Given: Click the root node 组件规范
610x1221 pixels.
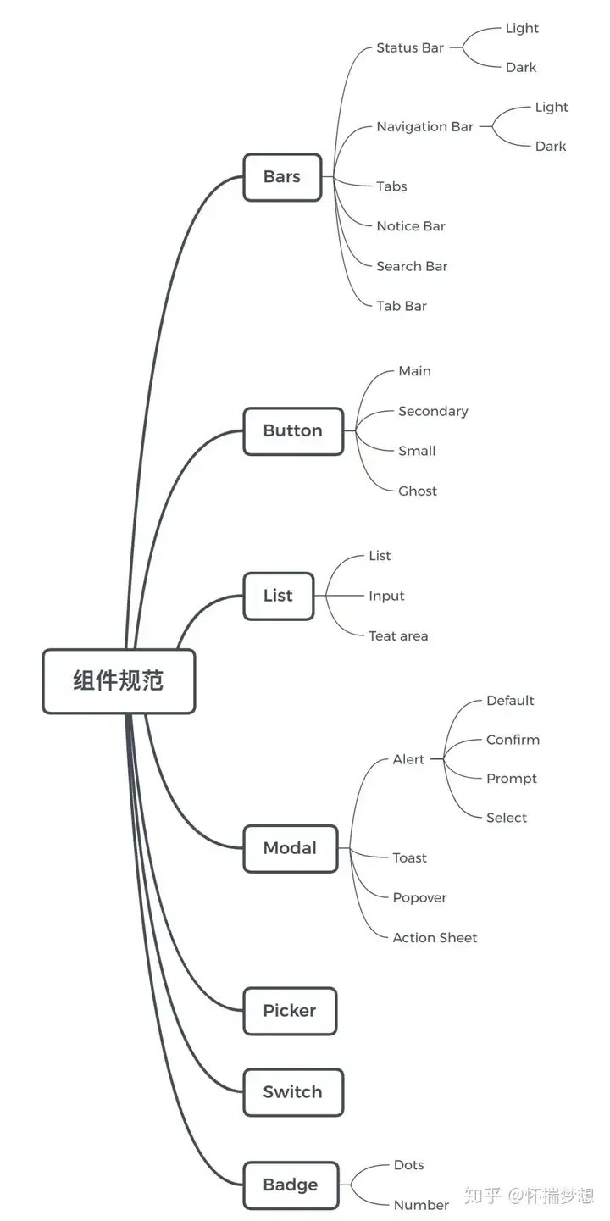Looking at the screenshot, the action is point(119,680).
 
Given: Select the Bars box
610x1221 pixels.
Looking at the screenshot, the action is point(282,177).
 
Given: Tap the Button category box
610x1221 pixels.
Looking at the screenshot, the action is point(293,431).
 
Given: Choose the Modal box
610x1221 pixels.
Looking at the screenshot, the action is point(291,849).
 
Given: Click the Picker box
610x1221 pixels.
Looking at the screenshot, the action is point(290,1011).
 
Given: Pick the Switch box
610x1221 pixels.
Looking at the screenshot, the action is point(293,1092).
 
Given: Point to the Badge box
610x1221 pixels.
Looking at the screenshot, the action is point(291,1185).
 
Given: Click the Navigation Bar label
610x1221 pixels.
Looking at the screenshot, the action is point(425,127).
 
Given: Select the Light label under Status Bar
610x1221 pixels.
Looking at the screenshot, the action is point(522,28).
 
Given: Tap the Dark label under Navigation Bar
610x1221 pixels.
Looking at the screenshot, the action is point(551,146).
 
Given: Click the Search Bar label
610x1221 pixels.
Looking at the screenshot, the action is point(412,266).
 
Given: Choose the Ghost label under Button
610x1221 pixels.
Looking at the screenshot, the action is point(418,491).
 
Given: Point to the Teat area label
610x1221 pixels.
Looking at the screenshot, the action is point(398,636).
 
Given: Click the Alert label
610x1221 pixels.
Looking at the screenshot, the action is point(408,759).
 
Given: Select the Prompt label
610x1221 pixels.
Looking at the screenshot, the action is point(512,779).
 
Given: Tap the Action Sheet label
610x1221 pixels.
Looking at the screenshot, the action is point(435,937).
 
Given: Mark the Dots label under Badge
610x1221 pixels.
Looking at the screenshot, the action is point(409,1165).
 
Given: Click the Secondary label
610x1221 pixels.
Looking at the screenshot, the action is point(434,412).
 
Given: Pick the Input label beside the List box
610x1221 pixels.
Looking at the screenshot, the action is point(386,597).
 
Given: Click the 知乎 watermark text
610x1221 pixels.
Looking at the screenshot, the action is point(482,1196).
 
